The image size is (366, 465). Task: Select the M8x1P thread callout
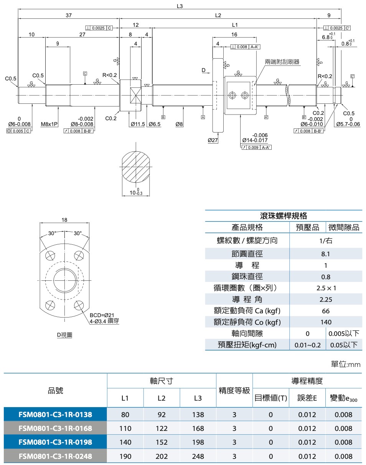click(49, 124)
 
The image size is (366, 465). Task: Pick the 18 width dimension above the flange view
click(64, 220)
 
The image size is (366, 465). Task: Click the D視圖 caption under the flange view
click(64, 335)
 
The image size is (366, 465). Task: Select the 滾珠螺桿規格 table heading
click(284, 216)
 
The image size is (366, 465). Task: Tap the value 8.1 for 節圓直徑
click(326, 254)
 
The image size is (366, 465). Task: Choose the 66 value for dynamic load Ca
click(326, 311)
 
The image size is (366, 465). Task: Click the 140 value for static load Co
click(326, 322)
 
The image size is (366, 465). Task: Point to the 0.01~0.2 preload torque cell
click(307, 345)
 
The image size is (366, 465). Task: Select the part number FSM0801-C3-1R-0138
click(55, 414)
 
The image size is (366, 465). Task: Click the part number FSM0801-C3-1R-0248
click(55, 456)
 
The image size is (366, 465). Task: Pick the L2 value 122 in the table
click(162, 428)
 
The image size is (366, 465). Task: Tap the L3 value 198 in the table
click(198, 442)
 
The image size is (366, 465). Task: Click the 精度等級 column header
click(234, 391)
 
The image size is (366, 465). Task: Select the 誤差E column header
click(307, 398)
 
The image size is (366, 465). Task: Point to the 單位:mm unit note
click(346, 364)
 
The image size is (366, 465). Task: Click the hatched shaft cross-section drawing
click(135, 169)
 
